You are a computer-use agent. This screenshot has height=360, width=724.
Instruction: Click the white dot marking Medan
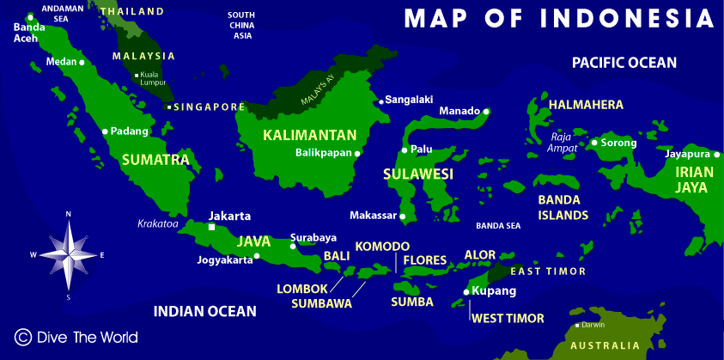tap(82, 63)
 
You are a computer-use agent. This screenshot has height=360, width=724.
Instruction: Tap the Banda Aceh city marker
tap(31, 16)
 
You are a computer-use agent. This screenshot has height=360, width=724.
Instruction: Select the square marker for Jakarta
tap(212, 228)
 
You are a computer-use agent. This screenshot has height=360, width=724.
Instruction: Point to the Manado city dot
tap(486, 111)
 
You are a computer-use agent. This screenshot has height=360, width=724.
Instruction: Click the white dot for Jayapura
tap(715, 155)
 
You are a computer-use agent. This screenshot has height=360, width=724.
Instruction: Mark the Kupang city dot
tap(466, 292)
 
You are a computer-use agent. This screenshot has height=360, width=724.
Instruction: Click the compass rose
tap(69, 254)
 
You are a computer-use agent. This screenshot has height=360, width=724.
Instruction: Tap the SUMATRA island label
tap(155, 160)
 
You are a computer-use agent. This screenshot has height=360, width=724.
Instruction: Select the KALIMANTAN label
tap(309, 135)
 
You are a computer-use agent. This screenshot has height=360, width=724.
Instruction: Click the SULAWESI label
tap(417, 175)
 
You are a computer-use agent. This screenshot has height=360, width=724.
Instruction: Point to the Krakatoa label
tap(158, 224)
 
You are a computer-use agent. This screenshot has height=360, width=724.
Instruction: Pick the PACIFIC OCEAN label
tap(624, 63)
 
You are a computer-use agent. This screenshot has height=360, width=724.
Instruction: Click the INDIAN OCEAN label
tap(204, 311)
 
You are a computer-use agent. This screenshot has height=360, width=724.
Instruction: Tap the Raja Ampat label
tap(563, 142)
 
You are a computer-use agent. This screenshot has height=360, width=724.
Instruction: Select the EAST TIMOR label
tap(548, 272)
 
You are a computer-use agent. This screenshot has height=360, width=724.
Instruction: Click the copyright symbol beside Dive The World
tap(23, 337)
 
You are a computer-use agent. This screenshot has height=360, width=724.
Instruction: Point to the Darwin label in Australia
tap(593, 325)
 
